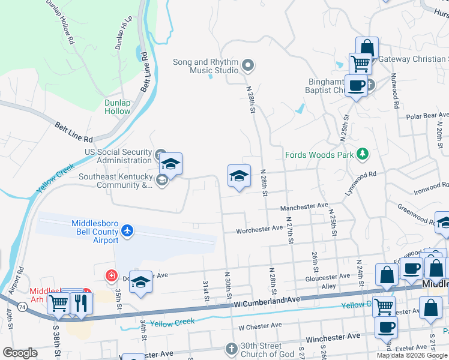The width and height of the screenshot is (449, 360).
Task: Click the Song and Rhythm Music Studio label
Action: click(205, 66)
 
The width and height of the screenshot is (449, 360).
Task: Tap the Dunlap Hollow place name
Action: click(117, 107)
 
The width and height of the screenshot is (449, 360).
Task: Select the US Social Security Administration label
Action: click(118, 156)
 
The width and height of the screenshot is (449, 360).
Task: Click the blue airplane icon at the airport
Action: click(127, 230)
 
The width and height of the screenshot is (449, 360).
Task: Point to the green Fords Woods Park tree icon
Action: click(362, 155)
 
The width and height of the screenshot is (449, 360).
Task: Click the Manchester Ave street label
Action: click(305, 206)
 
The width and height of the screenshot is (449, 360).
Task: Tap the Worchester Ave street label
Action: click(259, 229)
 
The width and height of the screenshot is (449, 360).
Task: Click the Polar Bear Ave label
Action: click(427, 115)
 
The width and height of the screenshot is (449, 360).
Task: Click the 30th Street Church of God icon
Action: click(232, 349)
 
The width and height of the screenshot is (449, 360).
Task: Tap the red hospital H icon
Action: click(110, 276)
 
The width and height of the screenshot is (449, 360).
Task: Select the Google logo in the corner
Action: click(20, 353)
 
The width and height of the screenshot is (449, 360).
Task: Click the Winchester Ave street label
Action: click(333, 338)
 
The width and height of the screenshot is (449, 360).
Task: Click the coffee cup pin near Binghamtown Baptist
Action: click(356, 85)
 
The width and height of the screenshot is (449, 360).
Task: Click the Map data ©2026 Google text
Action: click(412, 355)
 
